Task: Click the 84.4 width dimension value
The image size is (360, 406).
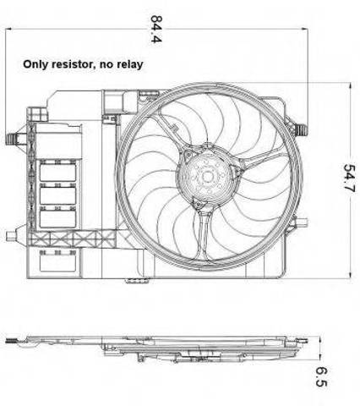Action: pyautogui.click(x=156, y=29)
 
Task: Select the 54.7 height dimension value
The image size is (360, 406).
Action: pyautogui.click(x=349, y=178)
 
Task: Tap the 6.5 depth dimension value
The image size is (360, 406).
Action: pyautogui.click(x=321, y=376)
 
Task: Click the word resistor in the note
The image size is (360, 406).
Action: pyautogui.click(x=73, y=64)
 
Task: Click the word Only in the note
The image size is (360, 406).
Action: pyautogui.click(x=36, y=64)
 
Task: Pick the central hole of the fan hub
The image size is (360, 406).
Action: pyautogui.click(x=208, y=177)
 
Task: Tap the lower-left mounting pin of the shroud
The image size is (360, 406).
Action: pyautogui.click(x=11, y=235)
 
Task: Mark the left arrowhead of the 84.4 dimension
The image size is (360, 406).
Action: pyautogui.click(x=8, y=29)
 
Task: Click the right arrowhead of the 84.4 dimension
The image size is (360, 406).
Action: pyautogui.click(x=305, y=29)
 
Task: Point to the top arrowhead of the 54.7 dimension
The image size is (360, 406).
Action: pyautogui.click(x=350, y=85)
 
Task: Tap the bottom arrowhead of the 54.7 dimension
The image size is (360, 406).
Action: pyautogui.click(x=350, y=276)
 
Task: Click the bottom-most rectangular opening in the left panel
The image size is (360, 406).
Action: pyautogui.click(x=57, y=263)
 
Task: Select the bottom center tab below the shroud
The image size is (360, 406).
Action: pyautogui.click(x=137, y=281)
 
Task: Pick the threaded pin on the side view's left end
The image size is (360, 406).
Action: pyautogui.click(x=11, y=341)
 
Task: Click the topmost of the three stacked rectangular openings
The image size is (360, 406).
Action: pyautogui.click(x=57, y=173)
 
